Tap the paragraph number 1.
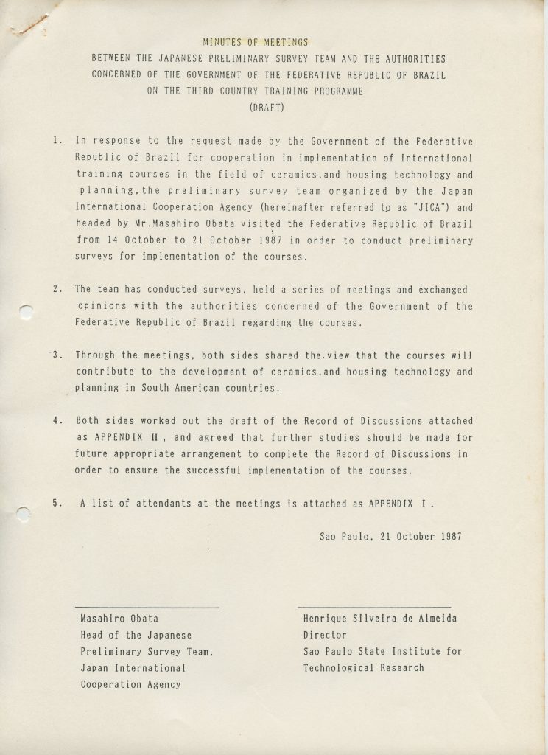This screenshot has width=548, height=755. (57, 140)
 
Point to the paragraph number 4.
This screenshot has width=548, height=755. (57, 420)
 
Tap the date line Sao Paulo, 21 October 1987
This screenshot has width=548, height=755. (390, 536)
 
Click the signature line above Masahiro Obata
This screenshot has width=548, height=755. (147, 607)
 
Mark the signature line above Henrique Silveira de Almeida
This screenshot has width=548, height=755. (374, 606)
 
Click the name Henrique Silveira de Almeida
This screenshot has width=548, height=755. (379, 619)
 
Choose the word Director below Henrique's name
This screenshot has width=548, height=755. (325, 635)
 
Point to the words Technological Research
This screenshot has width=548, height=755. (364, 667)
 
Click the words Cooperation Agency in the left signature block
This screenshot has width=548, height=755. (130, 684)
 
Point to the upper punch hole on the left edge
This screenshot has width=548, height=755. (26, 312)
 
